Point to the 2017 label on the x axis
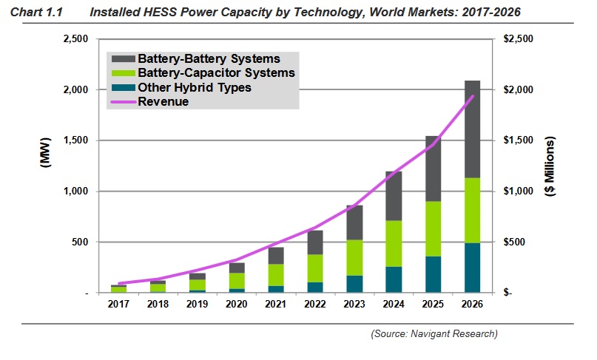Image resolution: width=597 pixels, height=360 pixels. (x=118, y=303)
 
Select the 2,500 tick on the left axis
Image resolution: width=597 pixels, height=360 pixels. (x=76, y=38)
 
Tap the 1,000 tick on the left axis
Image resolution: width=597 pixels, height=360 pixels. (x=76, y=191)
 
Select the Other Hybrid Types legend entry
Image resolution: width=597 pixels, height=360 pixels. (x=195, y=87)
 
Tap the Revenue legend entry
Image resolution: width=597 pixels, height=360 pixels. (x=163, y=102)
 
